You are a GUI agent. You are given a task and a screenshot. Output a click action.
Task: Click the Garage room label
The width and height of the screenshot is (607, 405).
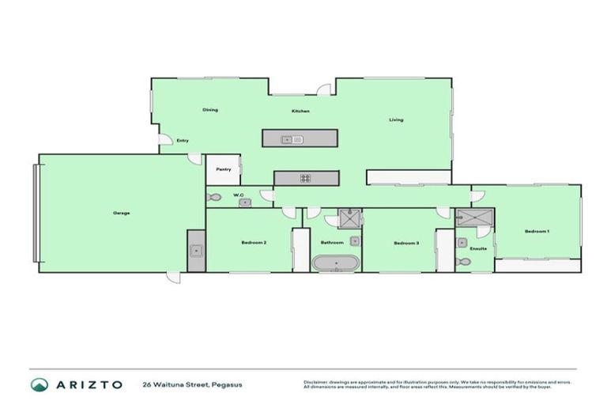[121, 213]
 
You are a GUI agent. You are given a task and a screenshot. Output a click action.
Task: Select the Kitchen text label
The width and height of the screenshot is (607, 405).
[300, 111]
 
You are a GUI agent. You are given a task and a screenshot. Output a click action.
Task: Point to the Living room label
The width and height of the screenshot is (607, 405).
[396, 120]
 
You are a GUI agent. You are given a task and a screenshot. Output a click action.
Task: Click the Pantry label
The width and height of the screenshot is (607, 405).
[223, 168]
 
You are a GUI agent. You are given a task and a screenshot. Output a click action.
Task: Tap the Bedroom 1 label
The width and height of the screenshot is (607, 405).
[537, 231]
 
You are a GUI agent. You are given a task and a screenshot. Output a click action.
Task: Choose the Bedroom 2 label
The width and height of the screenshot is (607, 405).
[253, 242]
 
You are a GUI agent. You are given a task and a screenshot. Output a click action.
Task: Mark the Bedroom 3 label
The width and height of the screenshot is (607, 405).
[405, 242]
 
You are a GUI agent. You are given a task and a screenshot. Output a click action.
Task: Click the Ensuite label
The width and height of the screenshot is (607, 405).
[478, 248]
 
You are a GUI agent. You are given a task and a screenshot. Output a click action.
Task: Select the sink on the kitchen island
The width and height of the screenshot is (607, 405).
[292, 140]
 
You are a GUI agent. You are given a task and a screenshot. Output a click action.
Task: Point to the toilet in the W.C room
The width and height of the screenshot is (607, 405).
[213, 197]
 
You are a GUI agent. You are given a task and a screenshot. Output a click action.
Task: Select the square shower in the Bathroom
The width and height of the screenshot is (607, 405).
[349, 218]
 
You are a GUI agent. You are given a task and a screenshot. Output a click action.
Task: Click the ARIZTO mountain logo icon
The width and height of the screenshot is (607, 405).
[39, 384]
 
